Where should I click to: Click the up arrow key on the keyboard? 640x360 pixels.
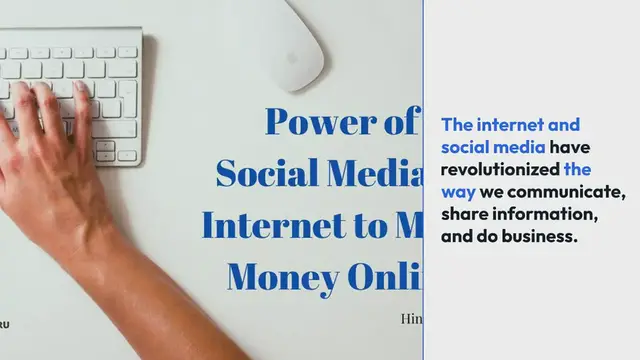click(105, 144)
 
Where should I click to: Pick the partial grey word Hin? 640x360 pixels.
click(411, 319)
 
